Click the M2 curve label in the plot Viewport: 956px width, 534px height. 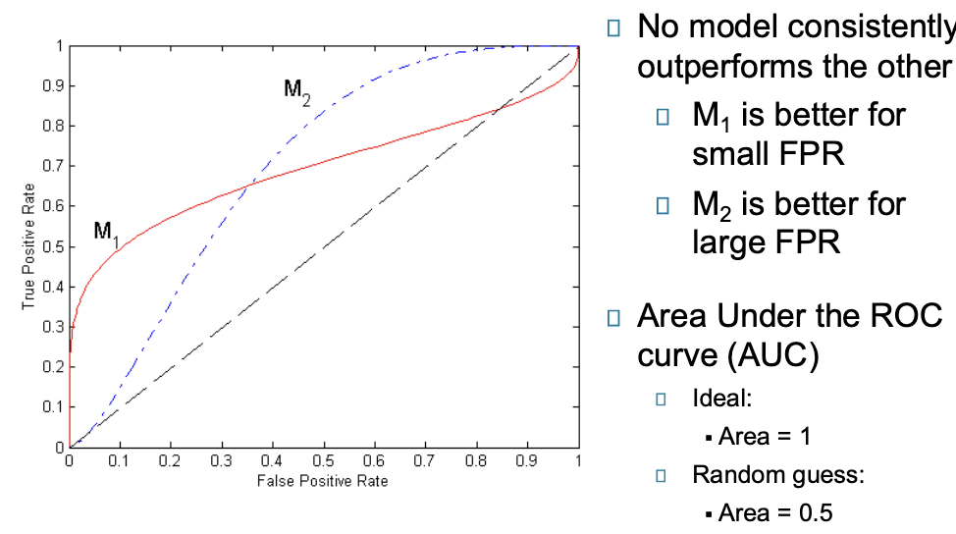click(x=297, y=91)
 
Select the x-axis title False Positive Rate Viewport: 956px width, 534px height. click(x=322, y=480)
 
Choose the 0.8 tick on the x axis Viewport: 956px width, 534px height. click(x=477, y=460)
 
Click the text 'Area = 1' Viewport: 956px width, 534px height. click(x=764, y=436)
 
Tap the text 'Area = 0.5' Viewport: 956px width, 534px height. click(x=775, y=512)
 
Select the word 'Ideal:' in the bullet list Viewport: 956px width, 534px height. click(x=722, y=398)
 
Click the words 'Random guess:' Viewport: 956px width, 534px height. click(x=778, y=475)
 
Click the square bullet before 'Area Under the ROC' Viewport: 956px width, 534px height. click(x=614, y=318)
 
